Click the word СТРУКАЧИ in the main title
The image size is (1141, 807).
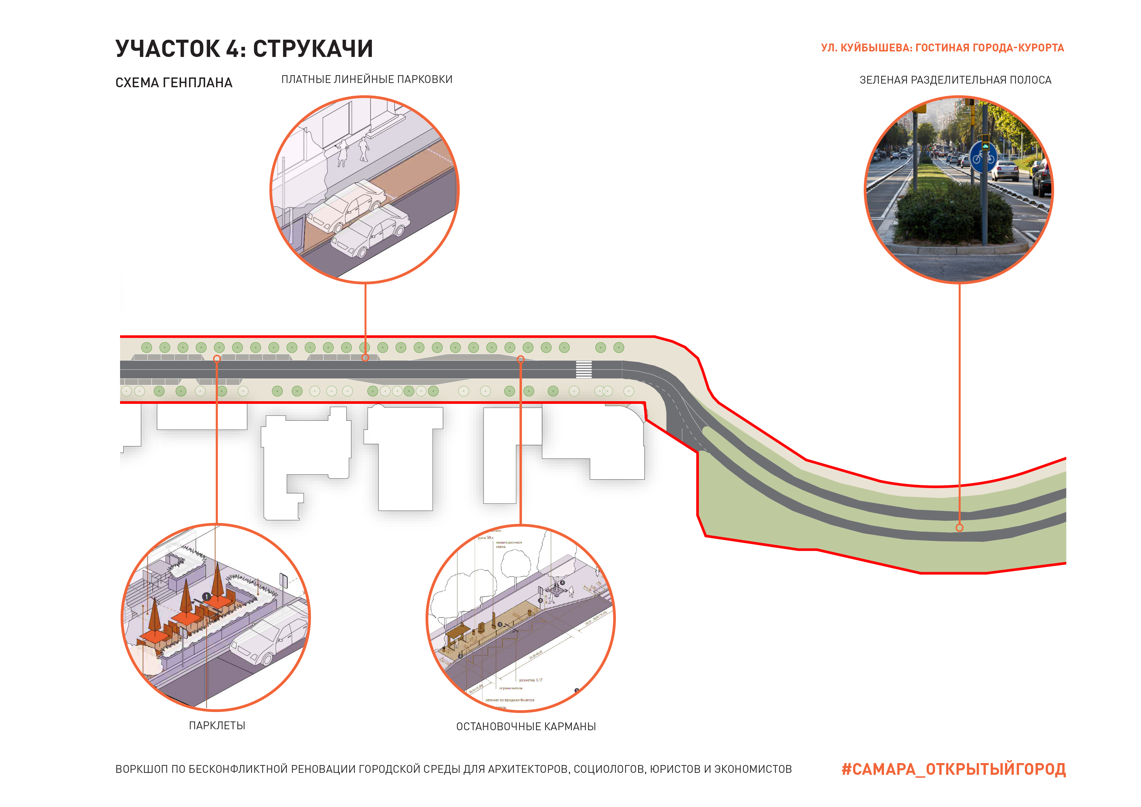[313, 49]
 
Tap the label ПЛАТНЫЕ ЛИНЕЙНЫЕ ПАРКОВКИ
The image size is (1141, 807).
[367, 79]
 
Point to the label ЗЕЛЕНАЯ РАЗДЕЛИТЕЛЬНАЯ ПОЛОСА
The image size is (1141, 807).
[955, 80]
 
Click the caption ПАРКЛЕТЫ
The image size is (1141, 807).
[217, 726]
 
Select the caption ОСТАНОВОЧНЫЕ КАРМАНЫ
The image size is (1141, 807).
[526, 727]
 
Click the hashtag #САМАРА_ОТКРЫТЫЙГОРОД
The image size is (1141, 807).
[953, 769]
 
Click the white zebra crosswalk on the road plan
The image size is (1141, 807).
[584, 370]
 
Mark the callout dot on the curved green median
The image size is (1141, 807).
[959, 528]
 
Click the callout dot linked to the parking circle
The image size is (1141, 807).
[365, 358]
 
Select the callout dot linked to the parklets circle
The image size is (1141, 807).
[217, 359]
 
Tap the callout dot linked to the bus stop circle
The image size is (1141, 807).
[521, 359]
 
